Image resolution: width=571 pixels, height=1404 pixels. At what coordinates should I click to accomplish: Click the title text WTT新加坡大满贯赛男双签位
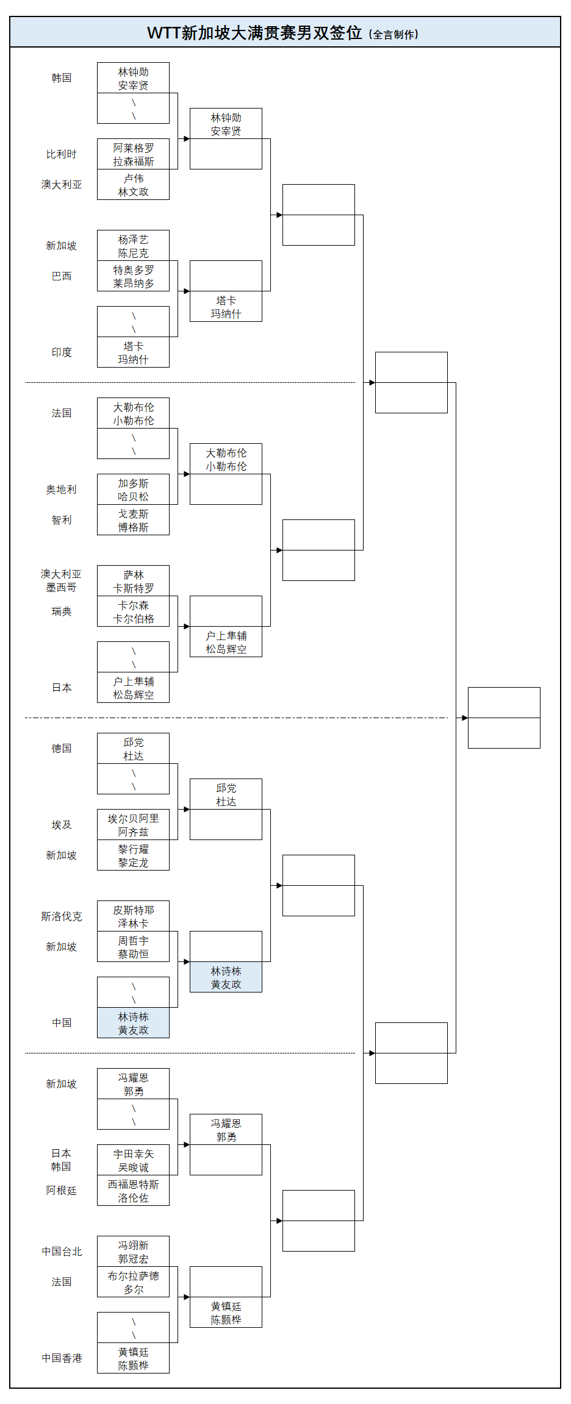tap(254, 33)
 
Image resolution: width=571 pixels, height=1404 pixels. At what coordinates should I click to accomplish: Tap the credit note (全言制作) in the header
tap(393, 35)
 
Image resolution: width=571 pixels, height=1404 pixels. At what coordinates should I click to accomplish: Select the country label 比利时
tap(62, 154)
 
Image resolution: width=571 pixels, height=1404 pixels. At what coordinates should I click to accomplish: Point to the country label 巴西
tap(62, 276)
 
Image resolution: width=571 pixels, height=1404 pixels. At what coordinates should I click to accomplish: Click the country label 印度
tap(62, 352)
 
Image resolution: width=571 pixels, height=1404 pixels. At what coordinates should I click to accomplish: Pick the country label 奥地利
tap(62, 490)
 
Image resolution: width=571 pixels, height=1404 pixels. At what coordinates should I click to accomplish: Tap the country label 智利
tap(62, 520)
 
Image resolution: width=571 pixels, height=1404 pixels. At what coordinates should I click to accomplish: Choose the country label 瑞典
tap(62, 611)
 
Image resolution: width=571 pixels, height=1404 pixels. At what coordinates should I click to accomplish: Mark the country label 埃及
tap(62, 825)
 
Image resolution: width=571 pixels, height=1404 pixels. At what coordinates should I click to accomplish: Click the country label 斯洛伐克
tap(62, 916)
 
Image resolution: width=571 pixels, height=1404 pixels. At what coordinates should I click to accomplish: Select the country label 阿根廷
tap(62, 1191)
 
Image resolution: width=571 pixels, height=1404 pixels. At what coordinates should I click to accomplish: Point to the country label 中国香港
tap(62, 1358)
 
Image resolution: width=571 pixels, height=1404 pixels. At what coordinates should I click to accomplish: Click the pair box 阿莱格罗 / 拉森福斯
tap(133, 154)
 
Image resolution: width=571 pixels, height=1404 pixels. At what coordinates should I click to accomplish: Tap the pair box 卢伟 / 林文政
tap(133, 185)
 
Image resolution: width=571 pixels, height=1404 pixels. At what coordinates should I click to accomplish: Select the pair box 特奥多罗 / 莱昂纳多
tap(133, 276)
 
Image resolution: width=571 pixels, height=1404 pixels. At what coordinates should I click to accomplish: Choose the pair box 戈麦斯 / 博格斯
tap(133, 520)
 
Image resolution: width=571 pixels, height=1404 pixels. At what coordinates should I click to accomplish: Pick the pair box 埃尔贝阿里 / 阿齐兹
tap(133, 825)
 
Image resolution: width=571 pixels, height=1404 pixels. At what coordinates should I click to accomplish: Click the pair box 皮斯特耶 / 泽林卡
tap(133, 916)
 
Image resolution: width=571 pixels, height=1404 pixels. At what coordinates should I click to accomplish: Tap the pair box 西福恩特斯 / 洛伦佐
tap(133, 1191)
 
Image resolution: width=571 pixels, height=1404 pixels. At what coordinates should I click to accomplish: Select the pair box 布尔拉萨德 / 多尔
tap(133, 1282)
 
